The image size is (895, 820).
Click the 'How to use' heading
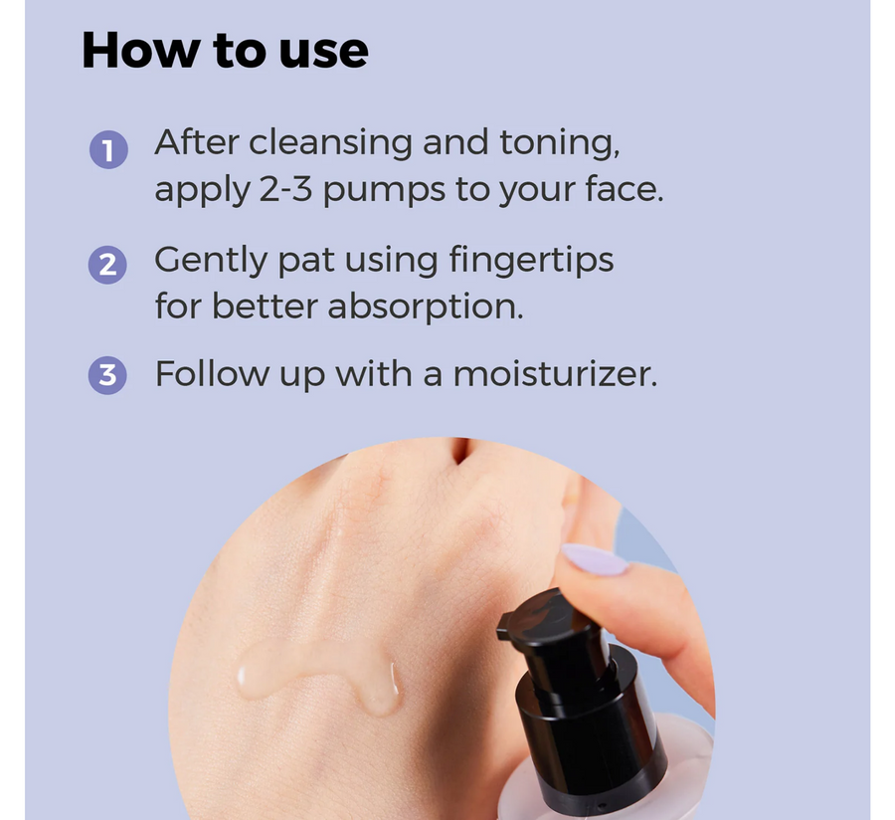225,51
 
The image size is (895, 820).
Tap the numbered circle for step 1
108,149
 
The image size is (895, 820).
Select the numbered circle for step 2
107,265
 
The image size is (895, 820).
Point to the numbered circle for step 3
107,375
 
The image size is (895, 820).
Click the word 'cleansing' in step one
330,143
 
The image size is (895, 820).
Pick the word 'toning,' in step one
559,143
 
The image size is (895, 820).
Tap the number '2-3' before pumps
285,189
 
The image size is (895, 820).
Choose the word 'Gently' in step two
211,262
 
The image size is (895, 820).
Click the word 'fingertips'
531,261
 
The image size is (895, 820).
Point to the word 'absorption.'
426,307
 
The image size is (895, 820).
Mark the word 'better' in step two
265,307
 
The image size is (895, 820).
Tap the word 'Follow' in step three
212,374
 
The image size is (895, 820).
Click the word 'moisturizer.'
555,374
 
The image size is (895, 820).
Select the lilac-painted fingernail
595,559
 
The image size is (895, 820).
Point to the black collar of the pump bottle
591,730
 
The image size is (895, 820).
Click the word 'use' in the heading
323,53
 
